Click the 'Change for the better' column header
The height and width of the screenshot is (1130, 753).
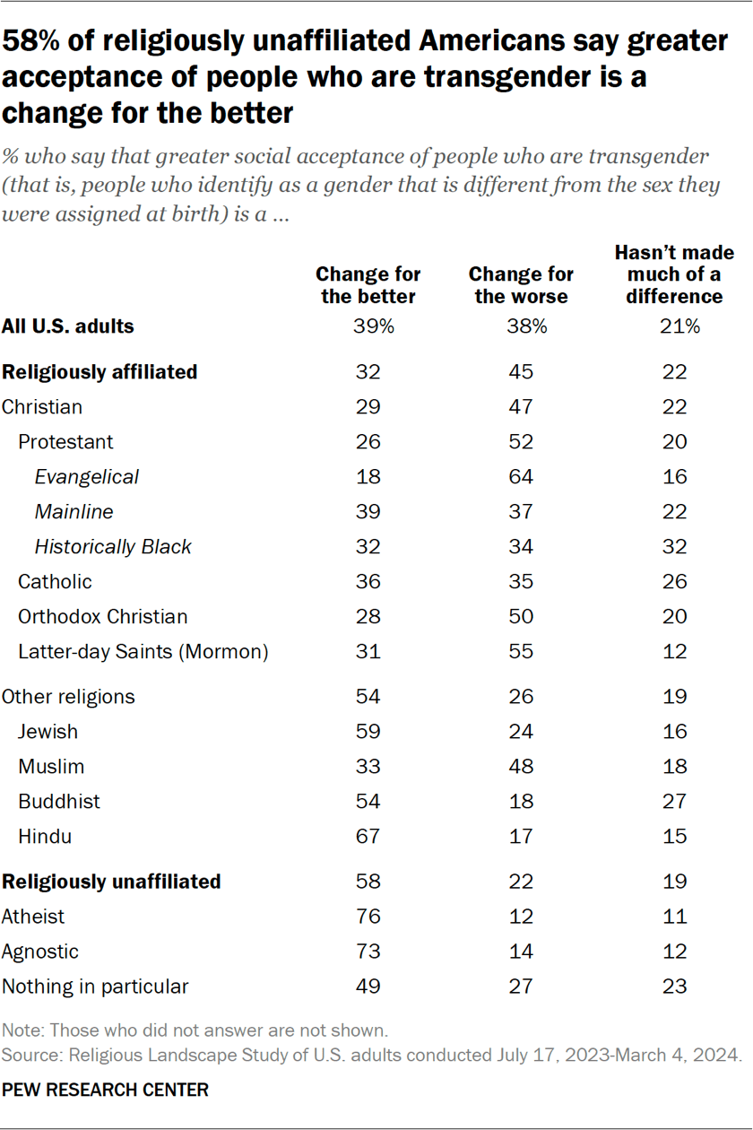(x=368, y=285)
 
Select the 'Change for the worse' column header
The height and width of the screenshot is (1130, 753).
(x=521, y=285)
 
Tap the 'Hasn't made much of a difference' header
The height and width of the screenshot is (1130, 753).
(x=674, y=274)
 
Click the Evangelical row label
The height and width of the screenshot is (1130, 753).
(x=87, y=477)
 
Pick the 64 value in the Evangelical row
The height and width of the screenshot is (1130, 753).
(x=521, y=477)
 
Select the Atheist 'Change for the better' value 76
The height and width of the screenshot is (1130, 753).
(x=368, y=917)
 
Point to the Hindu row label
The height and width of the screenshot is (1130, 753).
(x=45, y=837)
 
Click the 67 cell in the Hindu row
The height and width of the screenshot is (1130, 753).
(x=368, y=837)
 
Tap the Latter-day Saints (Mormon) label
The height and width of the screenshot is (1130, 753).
(x=143, y=652)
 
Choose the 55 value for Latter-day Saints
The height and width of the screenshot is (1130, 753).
(x=521, y=652)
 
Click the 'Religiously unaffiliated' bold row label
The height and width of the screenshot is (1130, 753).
(x=111, y=882)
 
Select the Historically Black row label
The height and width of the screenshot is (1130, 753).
(x=113, y=547)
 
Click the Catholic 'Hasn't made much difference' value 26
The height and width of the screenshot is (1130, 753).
(x=674, y=582)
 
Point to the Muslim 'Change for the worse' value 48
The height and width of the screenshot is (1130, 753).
(x=521, y=767)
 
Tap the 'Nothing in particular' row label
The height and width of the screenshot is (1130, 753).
(x=95, y=987)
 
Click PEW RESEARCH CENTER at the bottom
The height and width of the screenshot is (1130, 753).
(x=105, y=1091)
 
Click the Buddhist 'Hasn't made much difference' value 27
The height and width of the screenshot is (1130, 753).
(x=674, y=802)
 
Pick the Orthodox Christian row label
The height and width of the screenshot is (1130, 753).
(x=102, y=617)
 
